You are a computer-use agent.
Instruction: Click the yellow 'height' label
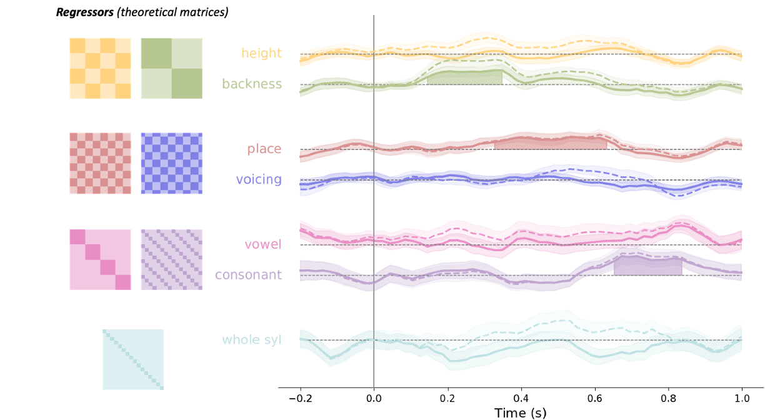tap(261, 54)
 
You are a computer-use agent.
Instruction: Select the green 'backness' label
tap(252, 84)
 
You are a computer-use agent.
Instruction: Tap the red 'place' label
tap(264, 149)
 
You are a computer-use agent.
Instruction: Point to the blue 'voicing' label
tap(259, 180)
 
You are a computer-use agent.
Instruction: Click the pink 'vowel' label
tap(263, 244)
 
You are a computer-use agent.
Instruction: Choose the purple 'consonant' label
tap(248, 275)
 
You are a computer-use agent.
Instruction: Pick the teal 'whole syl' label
tap(251, 340)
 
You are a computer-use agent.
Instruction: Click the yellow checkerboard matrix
tap(100, 68)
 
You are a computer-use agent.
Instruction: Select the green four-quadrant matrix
tap(171, 68)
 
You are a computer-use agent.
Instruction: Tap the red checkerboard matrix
tap(100, 163)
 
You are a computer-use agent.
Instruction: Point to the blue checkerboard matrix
tap(171, 163)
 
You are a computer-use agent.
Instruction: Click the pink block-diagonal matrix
tap(100, 259)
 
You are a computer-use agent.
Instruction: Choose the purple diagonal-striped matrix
tap(171, 259)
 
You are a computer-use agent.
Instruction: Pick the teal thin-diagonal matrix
tap(133, 359)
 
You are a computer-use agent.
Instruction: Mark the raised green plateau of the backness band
tap(466, 72)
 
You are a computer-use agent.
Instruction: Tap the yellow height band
tap(562, 46)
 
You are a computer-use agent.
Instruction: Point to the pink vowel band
tap(500, 235)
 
